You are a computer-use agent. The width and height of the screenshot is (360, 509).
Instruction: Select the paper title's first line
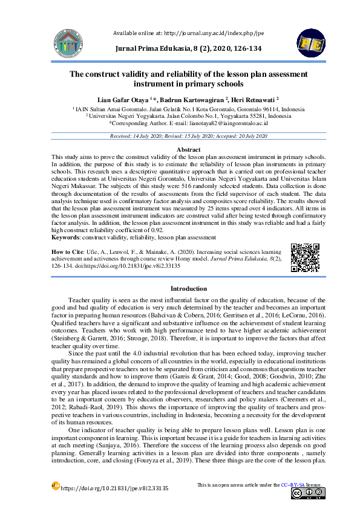point(188,74)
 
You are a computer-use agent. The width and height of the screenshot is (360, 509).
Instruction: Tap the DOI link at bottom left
point(114,488)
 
